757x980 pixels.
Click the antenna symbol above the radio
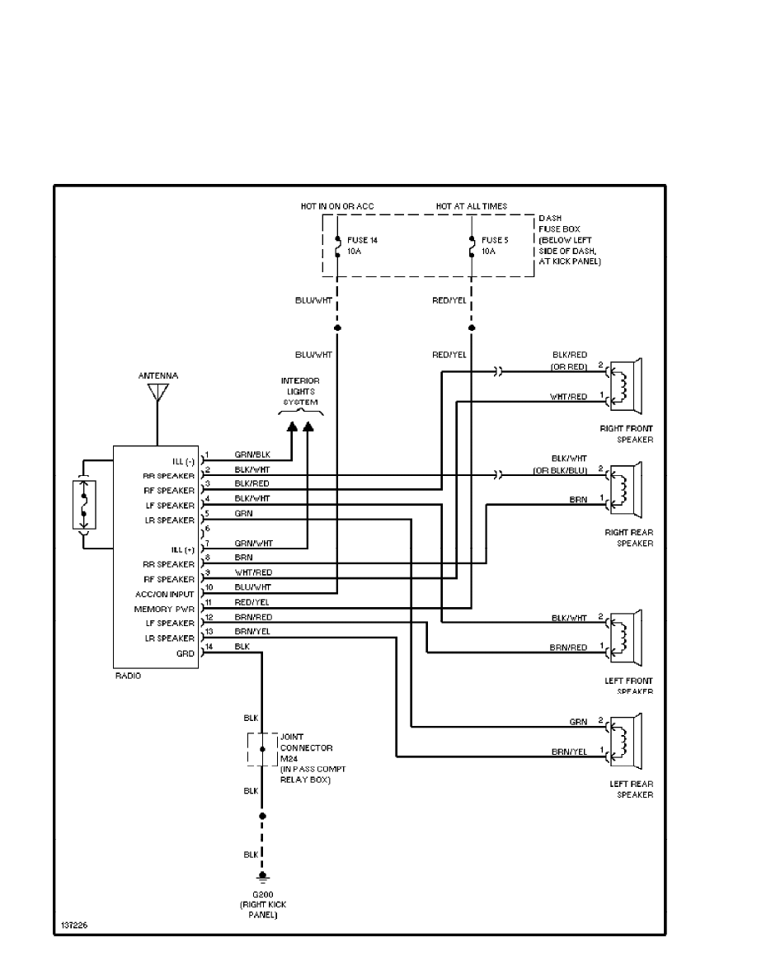(156, 394)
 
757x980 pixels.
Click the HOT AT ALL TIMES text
(471, 205)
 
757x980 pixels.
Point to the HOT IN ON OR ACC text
(338, 205)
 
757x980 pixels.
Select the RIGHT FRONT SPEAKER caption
(627, 434)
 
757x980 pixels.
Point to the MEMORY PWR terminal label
(165, 609)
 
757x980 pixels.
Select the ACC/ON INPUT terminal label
(165, 594)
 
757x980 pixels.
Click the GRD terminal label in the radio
(186, 653)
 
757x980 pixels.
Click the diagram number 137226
(73, 926)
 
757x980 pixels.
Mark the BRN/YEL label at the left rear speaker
(569, 752)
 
